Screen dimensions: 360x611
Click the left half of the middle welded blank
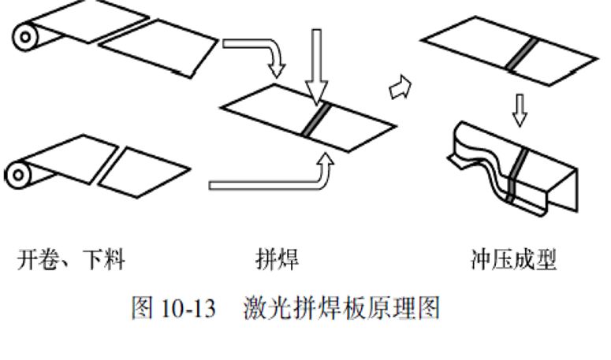tap(268, 110)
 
